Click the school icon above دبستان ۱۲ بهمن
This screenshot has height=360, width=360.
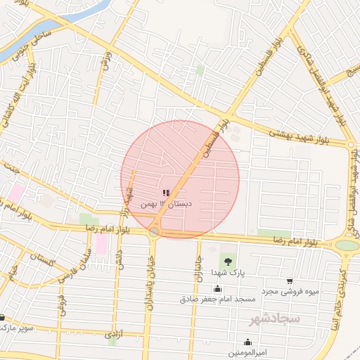tap(166, 193)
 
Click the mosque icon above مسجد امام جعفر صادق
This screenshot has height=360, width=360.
tap(217, 289)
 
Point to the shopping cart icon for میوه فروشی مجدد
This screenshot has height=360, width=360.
tap(290, 281)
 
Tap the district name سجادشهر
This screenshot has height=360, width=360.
tap(274, 319)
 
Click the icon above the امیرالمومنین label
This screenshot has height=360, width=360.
tap(247, 342)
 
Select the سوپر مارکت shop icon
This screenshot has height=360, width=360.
tap(2, 318)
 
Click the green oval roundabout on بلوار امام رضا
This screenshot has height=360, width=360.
tap(347, 245)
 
